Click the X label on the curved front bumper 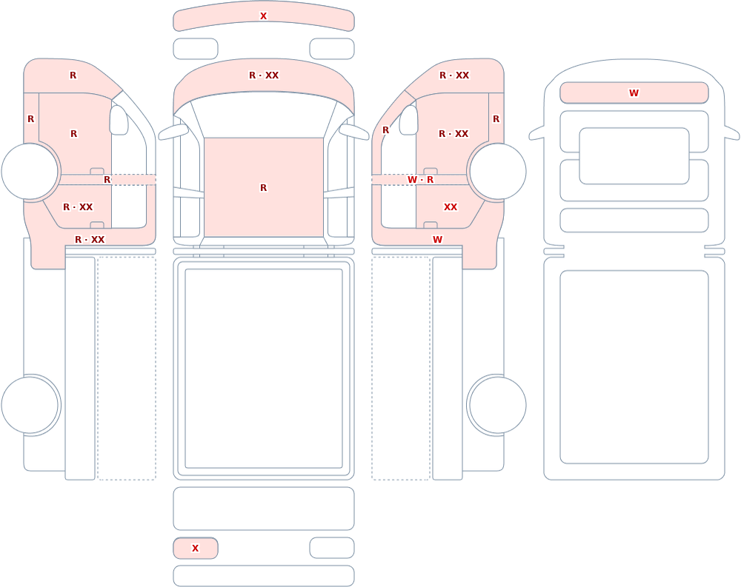coord(263,16)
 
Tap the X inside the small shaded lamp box coord(195,549)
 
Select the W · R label coord(420,180)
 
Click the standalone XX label coord(451,207)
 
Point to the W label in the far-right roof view coord(634,93)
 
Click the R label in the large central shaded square coord(263,188)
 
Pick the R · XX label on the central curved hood coord(264,75)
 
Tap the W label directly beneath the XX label coord(438,239)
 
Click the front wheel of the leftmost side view coord(30,172)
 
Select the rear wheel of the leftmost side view coord(30,405)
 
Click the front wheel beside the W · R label coord(496,172)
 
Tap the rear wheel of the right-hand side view coord(496,405)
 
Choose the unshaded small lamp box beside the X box coord(332,548)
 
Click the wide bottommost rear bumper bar coord(264,576)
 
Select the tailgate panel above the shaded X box coord(264,509)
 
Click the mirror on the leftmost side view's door coord(119,120)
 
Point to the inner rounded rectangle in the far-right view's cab coord(634,156)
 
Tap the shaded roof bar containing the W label coord(634,93)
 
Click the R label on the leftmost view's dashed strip coord(107,180)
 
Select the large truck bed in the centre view coord(264,369)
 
